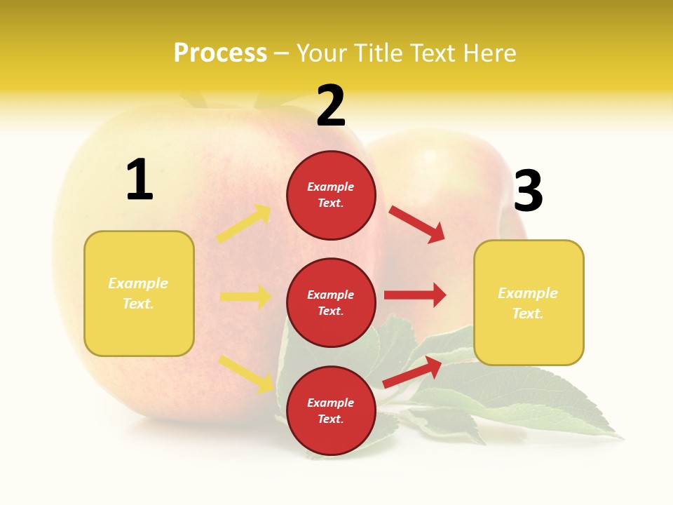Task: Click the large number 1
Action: pos(140,180)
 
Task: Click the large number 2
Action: pos(331,106)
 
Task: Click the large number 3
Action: pos(528,191)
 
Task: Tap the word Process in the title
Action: pos(220,53)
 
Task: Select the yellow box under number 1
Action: pos(139,293)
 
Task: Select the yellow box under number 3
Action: pos(529,303)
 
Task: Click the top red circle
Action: pos(331,195)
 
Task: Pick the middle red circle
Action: pos(331,302)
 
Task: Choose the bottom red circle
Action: pos(331,410)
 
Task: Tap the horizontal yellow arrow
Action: pos(245,297)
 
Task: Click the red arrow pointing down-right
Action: pos(417,224)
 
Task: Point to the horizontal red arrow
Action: pos(415,295)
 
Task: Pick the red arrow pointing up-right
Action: pos(412,372)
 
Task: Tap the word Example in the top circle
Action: pos(331,187)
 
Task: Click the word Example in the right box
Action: pos(528,293)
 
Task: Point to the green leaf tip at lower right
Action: pos(620,438)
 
